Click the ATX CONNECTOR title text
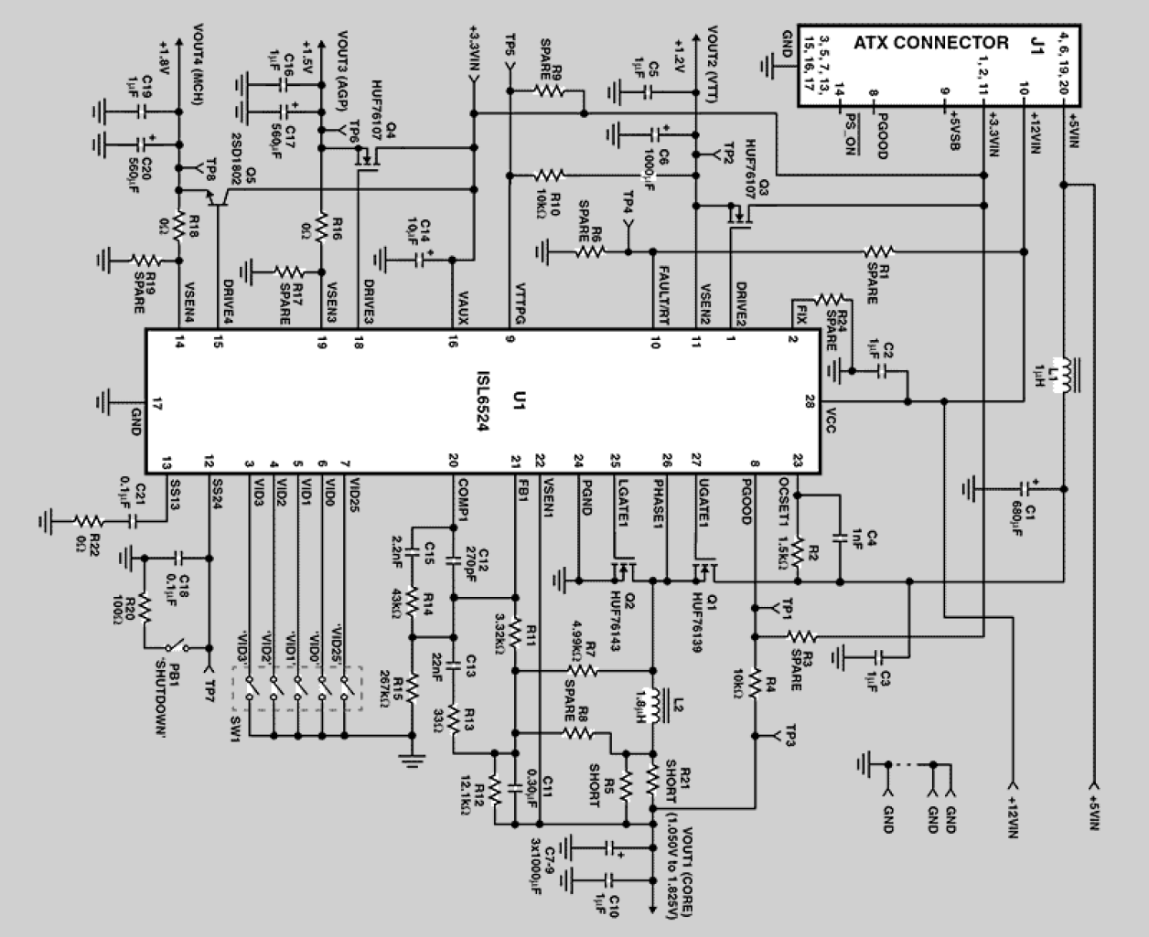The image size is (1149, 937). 930,43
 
